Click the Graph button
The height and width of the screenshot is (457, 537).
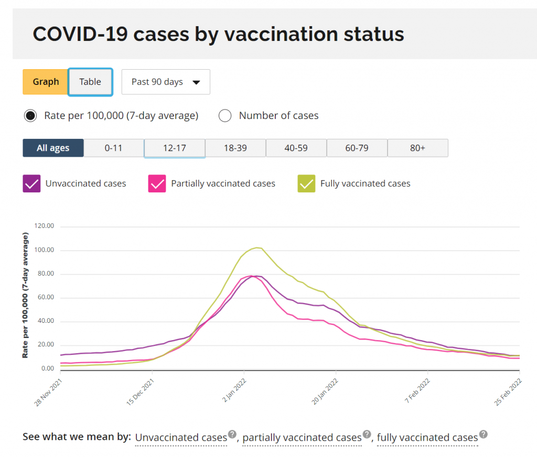pos(46,82)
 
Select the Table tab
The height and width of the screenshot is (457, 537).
pos(90,82)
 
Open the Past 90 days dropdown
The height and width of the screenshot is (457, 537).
pos(166,82)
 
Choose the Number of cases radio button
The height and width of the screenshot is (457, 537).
pos(225,116)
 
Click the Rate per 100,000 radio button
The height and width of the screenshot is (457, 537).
pos(30,116)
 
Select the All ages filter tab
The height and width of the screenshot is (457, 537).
pos(53,148)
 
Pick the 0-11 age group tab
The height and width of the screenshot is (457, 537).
pos(113,148)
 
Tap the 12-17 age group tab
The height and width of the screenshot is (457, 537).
pos(174,148)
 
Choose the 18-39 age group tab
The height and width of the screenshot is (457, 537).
pos(235,148)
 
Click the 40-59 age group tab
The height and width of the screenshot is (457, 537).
pos(296,148)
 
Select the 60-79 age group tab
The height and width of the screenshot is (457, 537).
pos(357,148)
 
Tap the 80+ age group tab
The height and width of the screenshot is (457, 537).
pos(417,148)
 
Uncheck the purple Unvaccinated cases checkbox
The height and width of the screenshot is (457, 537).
pos(31,183)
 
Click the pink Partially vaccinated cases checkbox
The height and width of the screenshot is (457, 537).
pos(157,183)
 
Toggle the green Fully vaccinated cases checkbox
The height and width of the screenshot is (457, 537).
pos(306,183)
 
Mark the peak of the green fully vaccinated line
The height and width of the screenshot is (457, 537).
pos(257,247)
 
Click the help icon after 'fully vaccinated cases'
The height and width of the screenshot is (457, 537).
pos(484,434)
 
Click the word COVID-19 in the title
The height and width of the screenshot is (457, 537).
pos(79,35)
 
